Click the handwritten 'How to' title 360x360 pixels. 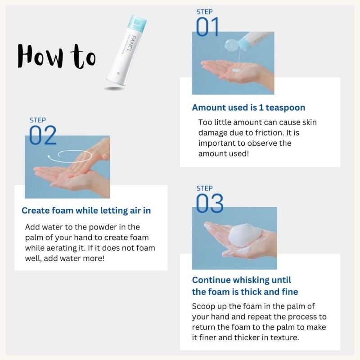[x=57, y=56]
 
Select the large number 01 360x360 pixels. [x=207, y=27]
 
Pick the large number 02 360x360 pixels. [x=43, y=135]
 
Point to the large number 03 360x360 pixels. [x=209, y=204]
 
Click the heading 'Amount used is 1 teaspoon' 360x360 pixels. [x=248, y=108]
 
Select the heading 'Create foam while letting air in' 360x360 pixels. [x=86, y=210]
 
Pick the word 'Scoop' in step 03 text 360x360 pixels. [x=203, y=306]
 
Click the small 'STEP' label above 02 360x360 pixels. [x=38, y=120]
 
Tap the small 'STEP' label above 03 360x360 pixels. [x=205, y=188]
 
